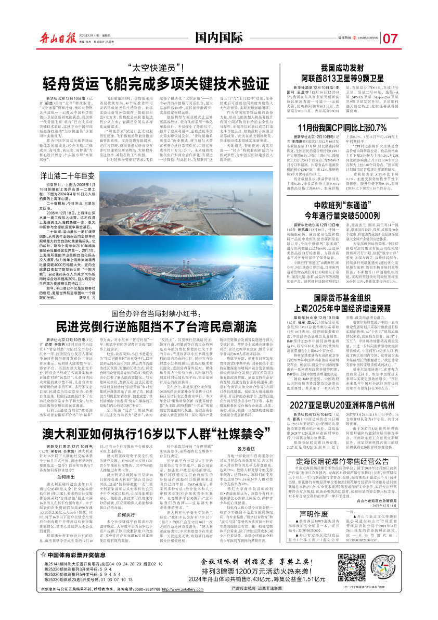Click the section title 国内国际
pos(218,37)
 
